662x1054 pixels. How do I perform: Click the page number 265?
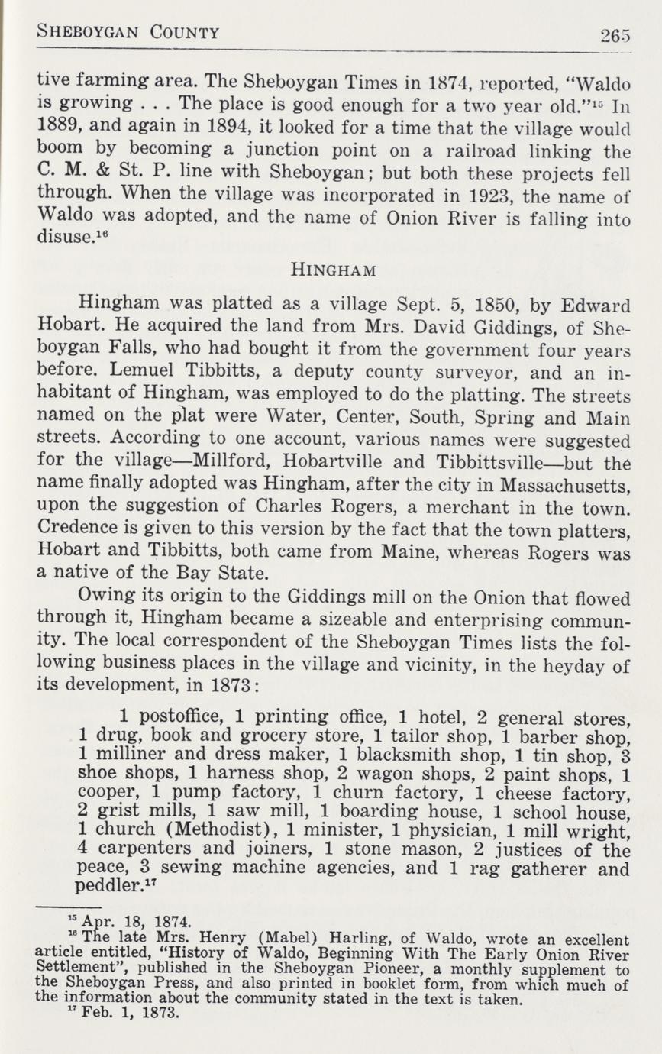[616, 35]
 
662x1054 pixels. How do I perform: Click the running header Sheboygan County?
[128, 33]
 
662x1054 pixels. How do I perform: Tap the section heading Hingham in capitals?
[331, 268]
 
